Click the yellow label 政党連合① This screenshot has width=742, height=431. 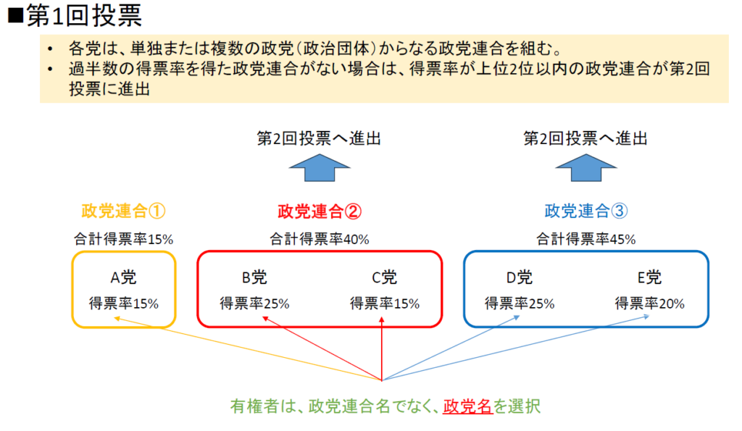124,211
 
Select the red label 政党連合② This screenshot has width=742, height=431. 319,211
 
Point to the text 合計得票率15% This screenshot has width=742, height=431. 124,238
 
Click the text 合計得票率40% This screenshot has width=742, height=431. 319,238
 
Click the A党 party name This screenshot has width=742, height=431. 124,277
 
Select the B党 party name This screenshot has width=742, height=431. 254,277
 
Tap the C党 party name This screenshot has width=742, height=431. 384,277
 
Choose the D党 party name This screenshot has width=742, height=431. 519,277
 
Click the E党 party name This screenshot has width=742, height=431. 649,277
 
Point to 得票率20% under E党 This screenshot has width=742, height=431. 649,304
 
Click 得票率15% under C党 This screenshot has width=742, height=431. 384,304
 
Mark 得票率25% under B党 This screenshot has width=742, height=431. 254,304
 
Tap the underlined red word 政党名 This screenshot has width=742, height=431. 467,406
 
